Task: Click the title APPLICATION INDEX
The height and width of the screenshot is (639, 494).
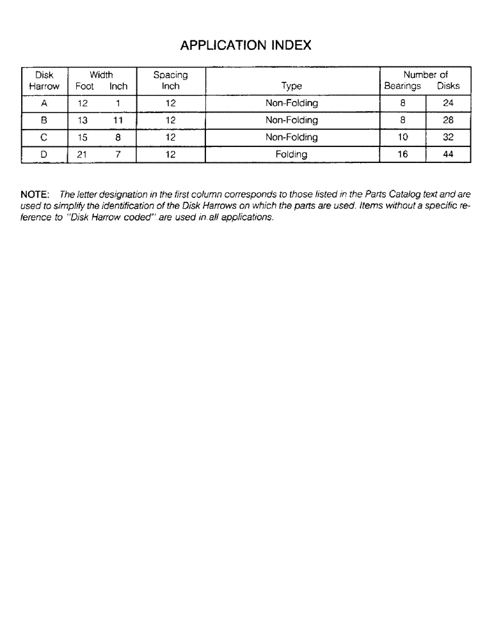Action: (246, 45)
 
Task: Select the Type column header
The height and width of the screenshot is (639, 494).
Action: (292, 86)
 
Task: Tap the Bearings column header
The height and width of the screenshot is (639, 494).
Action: (402, 86)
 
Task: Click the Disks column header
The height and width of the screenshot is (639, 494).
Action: (448, 86)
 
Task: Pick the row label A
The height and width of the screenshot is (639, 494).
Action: (44, 103)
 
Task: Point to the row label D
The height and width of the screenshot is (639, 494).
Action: (44, 155)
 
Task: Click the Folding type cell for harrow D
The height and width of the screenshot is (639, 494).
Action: (292, 155)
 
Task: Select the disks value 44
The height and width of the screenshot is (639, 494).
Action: (448, 155)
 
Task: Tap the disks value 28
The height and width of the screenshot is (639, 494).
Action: (448, 120)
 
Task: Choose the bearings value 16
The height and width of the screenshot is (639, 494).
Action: (403, 155)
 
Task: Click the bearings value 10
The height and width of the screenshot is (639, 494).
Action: (403, 137)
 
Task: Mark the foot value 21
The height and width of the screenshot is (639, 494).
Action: (83, 155)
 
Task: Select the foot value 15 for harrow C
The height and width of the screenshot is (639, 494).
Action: (83, 137)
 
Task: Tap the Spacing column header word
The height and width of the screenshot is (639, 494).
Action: (170, 75)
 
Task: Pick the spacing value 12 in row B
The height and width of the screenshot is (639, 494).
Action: (170, 120)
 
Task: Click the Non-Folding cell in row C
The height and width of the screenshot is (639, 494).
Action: (292, 137)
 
